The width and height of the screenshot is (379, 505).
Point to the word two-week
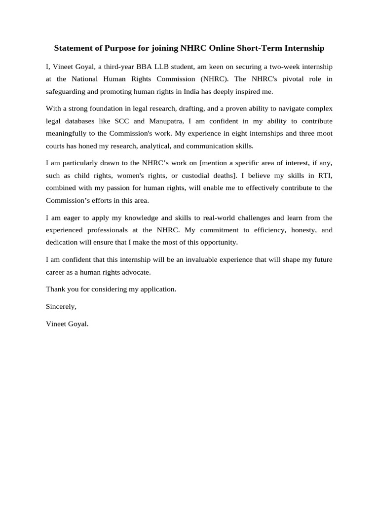tap(288, 67)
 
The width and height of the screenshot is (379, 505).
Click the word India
tap(189, 91)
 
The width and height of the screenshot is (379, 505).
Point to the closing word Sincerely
tap(61, 306)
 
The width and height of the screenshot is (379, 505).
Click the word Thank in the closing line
tap(55, 289)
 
